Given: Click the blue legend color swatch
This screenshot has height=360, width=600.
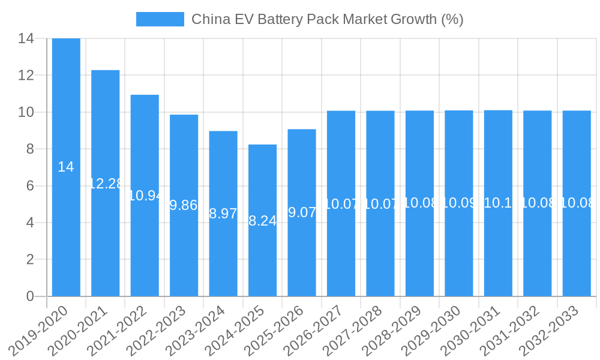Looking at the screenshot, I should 160,19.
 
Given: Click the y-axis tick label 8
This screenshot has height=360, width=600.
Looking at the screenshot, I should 30,149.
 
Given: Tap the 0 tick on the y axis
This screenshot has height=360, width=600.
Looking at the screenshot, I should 30,296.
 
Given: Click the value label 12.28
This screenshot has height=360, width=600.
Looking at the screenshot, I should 106,184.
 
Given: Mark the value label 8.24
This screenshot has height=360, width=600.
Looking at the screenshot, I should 263,221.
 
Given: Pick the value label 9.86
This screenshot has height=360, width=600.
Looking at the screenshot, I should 184,205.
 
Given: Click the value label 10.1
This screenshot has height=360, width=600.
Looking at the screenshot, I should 498,203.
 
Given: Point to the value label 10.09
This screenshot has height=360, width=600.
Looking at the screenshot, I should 459,203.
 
